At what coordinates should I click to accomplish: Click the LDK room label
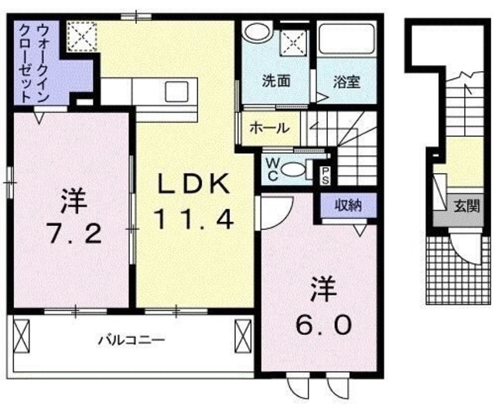click(x=194, y=185)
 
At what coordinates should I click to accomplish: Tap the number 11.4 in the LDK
click(x=193, y=220)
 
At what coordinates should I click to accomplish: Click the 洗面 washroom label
click(x=275, y=80)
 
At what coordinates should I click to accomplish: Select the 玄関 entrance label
click(x=466, y=208)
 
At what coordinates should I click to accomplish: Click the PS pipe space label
click(x=326, y=173)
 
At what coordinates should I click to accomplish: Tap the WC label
click(x=271, y=168)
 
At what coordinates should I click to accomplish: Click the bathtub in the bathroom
click(x=346, y=43)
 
